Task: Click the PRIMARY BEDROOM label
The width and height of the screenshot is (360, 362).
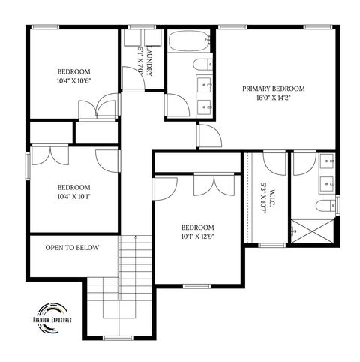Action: click(x=274, y=89)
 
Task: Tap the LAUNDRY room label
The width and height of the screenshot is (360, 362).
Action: click(x=150, y=61)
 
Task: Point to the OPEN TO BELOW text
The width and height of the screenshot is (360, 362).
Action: click(x=73, y=247)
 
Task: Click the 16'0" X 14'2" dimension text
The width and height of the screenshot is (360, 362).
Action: click(x=274, y=98)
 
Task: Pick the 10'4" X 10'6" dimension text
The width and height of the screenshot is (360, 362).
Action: click(x=73, y=80)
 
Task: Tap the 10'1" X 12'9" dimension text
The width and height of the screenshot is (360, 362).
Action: click(x=198, y=237)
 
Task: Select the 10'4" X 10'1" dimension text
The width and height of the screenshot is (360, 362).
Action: click(x=73, y=197)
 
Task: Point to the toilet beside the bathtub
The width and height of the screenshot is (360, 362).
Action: click(x=202, y=65)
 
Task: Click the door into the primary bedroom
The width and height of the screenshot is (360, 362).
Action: click(x=208, y=137)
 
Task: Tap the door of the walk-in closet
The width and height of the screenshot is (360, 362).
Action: click(x=271, y=161)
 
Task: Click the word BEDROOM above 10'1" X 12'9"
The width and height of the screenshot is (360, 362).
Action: click(x=198, y=228)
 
